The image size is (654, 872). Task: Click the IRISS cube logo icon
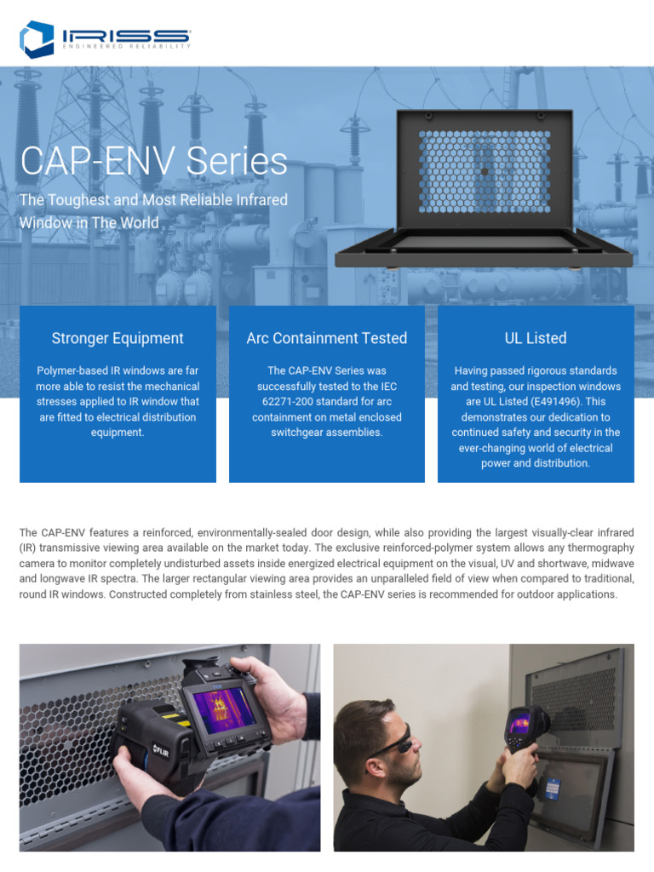pyautogui.click(x=37, y=38)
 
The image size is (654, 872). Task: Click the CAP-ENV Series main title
pyautogui.click(x=154, y=162)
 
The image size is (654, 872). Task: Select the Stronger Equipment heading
pyautogui.click(x=118, y=338)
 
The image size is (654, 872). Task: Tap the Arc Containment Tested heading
pyautogui.click(x=327, y=338)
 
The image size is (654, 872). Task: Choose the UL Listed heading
pyautogui.click(x=536, y=338)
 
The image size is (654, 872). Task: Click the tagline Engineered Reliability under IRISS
pyautogui.click(x=126, y=47)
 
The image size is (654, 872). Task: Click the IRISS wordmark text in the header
pyautogui.click(x=126, y=35)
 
